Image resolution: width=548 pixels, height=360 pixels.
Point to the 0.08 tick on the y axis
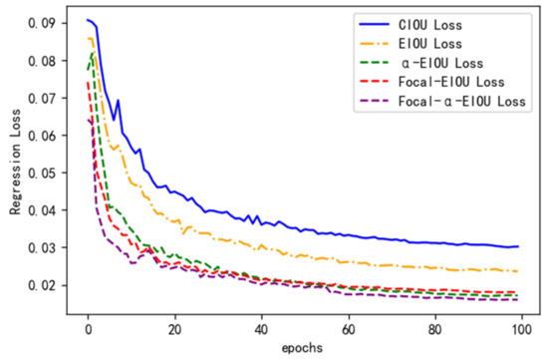(45, 61)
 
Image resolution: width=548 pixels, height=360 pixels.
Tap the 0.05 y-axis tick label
(45, 173)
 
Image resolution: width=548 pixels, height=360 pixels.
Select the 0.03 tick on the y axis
(45, 247)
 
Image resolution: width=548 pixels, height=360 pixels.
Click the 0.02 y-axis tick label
(45, 285)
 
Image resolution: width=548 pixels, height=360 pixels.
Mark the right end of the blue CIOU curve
(517, 246)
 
